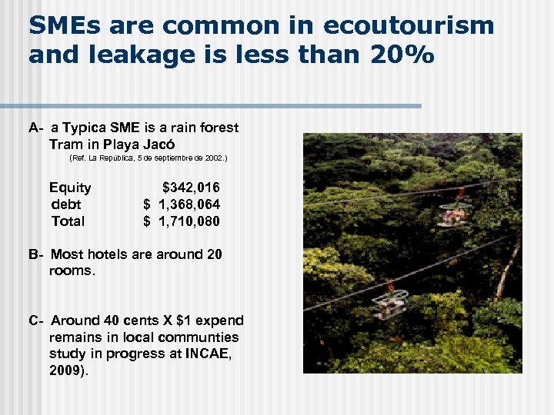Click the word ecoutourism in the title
409,25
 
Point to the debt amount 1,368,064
189,204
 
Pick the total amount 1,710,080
189,221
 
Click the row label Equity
70,188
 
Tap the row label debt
66,204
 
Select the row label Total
68,221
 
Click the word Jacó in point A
159,144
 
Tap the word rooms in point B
70,271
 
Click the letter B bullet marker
35,254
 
